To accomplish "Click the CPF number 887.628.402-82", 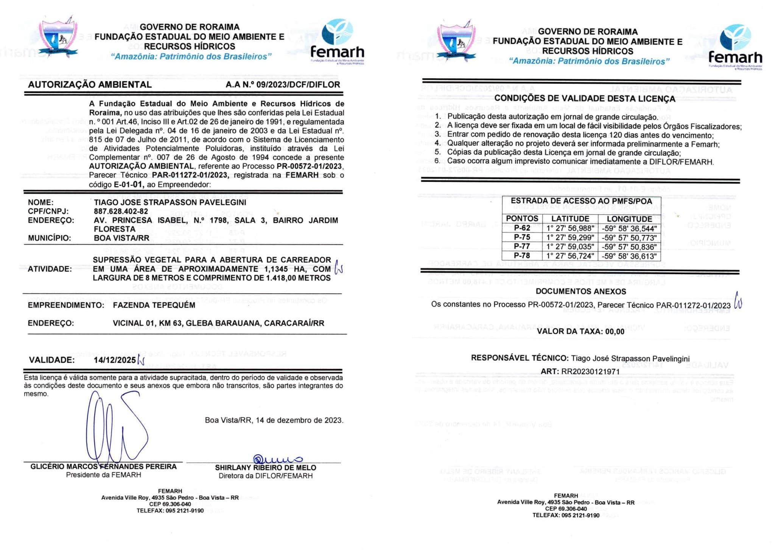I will coord(121,211).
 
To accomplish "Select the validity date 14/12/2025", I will coord(114,360).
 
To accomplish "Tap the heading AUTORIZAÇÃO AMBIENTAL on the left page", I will coord(90,85).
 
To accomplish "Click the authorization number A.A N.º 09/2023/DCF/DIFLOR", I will coord(283,85).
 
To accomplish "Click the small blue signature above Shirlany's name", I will coord(277,459).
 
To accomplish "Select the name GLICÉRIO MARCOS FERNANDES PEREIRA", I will coord(103,467).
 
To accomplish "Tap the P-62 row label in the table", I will coord(522,228).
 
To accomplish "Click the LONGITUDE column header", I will coord(629,219).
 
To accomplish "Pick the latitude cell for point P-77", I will coord(570,246).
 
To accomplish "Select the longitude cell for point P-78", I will coord(629,256).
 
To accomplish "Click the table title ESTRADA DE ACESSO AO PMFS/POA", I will coord(581,201).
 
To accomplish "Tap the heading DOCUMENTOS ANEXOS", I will coord(580,291).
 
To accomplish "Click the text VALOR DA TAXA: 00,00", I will coord(580,332).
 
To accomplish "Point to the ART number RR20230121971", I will coord(590,371).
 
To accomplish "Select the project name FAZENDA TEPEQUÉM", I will coord(154,305).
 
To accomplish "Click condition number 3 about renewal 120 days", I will coord(580,135).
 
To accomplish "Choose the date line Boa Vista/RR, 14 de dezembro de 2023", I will coord(274,420).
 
